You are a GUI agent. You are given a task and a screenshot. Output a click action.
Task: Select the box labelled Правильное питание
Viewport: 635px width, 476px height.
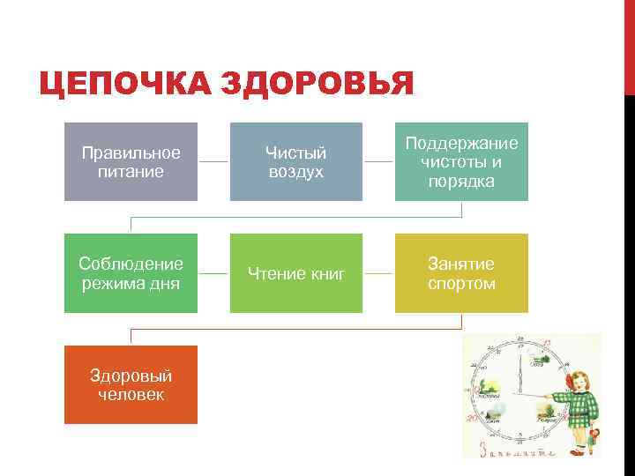[131, 161]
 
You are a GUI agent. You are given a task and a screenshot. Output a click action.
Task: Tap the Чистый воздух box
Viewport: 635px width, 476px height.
[296, 161]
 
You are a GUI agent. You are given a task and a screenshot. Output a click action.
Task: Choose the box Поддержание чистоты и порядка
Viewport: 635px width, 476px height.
[461, 161]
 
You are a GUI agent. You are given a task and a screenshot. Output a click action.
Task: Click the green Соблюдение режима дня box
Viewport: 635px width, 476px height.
[131, 273]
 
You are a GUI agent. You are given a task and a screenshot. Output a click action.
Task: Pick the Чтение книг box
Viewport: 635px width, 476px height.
[296, 273]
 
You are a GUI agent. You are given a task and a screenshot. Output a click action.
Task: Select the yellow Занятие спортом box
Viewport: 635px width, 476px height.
[461, 273]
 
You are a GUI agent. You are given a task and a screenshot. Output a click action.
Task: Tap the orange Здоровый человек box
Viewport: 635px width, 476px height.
[131, 384]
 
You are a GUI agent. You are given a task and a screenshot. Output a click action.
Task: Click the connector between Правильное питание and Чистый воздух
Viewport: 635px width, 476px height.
[213, 162]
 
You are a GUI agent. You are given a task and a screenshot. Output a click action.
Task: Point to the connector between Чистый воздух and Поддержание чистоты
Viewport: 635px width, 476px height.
[378, 162]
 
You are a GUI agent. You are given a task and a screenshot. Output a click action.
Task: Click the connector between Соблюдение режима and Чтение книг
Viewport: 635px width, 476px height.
[213, 273]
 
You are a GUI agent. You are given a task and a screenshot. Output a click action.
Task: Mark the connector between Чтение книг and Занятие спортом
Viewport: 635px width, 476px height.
[378, 273]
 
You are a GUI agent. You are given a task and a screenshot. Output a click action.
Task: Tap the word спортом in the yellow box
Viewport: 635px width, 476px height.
[461, 284]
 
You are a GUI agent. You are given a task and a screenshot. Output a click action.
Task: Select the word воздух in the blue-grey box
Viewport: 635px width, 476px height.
[296, 172]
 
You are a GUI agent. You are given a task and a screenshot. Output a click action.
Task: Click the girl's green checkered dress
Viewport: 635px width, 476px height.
[580, 405]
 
